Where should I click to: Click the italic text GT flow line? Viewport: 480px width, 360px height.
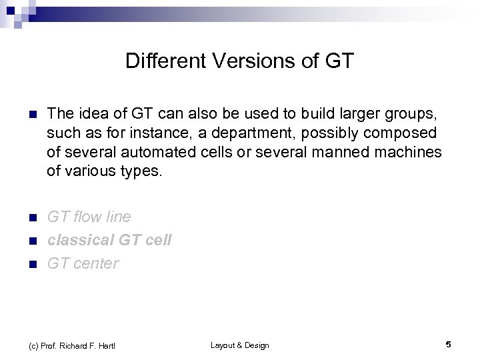click(89, 217)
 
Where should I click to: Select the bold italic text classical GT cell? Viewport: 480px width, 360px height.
click(109, 240)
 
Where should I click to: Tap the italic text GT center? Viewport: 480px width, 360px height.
click(83, 263)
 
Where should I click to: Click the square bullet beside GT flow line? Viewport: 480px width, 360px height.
click(26, 217)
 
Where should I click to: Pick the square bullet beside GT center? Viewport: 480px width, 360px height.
click(26, 264)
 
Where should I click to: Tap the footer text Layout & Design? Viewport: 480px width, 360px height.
click(239, 345)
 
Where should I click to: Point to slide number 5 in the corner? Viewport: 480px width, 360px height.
click(449, 345)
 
